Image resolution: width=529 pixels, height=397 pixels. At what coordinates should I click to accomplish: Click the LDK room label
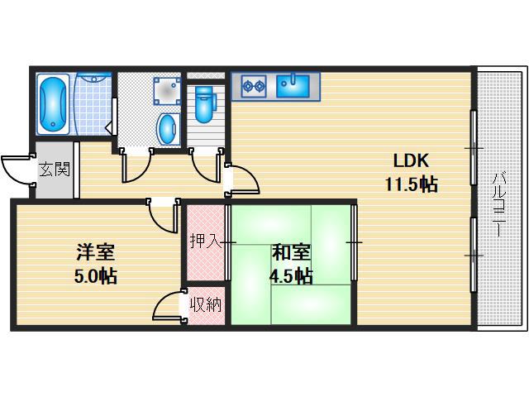(x=411, y=160)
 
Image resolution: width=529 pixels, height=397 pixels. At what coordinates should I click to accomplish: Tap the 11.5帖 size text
(x=412, y=184)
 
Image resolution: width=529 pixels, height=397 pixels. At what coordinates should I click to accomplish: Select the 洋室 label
(x=96, y=252)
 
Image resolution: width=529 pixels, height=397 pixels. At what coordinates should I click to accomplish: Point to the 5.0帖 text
(x=96, y=276)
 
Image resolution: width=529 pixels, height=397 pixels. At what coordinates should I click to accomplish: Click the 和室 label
(x=291, y=252)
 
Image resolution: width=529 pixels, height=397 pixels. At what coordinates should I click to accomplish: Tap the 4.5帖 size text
(x=291, y=276)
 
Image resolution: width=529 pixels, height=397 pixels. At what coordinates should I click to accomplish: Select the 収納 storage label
(x=206, y=305)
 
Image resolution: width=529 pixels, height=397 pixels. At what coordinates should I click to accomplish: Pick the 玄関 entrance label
(x=55, y=169)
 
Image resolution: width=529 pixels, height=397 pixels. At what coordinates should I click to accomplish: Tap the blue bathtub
(x=53, y=105)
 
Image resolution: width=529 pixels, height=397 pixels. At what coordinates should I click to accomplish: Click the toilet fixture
(x=204, y=104)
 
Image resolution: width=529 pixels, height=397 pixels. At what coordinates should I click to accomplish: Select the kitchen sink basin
(x=293, y=86)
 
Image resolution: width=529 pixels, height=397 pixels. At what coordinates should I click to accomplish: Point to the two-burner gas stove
(x=254, y=86)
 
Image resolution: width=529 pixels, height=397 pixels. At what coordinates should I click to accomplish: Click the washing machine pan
(x=167, y=90)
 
